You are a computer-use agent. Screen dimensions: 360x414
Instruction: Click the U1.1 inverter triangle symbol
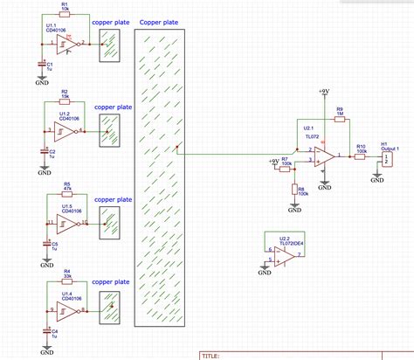pos(73,43)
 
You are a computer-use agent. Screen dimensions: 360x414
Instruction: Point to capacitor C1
pos(41,64)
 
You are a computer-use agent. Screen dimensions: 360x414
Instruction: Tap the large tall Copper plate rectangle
pos(160,174)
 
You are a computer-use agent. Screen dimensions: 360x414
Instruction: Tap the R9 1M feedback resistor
pos(340,120)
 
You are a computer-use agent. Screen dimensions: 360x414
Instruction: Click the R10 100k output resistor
pos(361,156)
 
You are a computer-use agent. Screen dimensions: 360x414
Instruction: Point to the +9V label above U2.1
pos(324,91)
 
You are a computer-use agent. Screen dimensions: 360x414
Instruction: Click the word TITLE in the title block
pos(211,356)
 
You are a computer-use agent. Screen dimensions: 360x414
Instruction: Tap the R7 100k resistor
pos(285,170)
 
